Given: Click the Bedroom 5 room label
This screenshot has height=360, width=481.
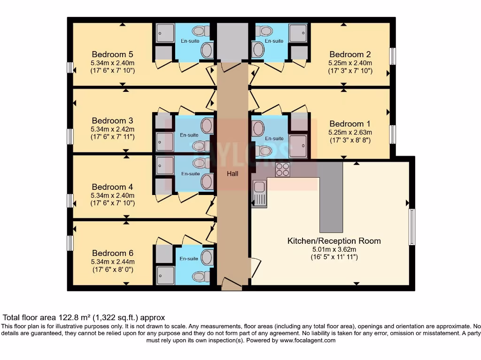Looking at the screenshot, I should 112,54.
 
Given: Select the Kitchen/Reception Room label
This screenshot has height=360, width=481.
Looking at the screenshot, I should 334,241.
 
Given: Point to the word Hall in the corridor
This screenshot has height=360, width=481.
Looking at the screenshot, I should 233,173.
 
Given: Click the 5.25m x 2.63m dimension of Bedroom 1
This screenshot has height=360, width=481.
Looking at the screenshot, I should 350,133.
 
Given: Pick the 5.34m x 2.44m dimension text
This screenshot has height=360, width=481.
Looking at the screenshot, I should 113,262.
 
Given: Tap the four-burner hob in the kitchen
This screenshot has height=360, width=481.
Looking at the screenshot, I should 282,169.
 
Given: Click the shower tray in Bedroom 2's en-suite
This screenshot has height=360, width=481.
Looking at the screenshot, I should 297,33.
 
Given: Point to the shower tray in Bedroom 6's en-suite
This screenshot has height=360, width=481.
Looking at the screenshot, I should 165,275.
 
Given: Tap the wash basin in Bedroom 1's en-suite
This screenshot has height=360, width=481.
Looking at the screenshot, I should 258,128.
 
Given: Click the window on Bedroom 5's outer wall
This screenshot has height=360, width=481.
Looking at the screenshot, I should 70,67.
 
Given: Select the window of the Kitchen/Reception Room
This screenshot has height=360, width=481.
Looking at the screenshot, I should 412,227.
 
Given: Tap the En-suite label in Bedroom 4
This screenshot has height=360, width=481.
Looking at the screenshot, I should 190,173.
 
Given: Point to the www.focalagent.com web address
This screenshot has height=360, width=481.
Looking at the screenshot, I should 308,340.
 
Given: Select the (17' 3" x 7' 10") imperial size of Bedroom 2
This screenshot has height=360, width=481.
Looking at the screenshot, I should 350,71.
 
